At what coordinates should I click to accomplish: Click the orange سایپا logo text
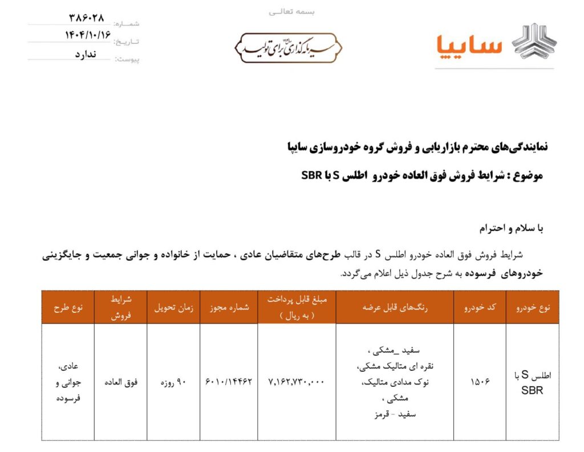click(469, 46)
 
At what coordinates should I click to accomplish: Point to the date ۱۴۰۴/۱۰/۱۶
click(87, 35)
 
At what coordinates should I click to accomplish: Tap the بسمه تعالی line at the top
click(291, 11)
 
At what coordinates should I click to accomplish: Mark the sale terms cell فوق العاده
click(120, 382)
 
